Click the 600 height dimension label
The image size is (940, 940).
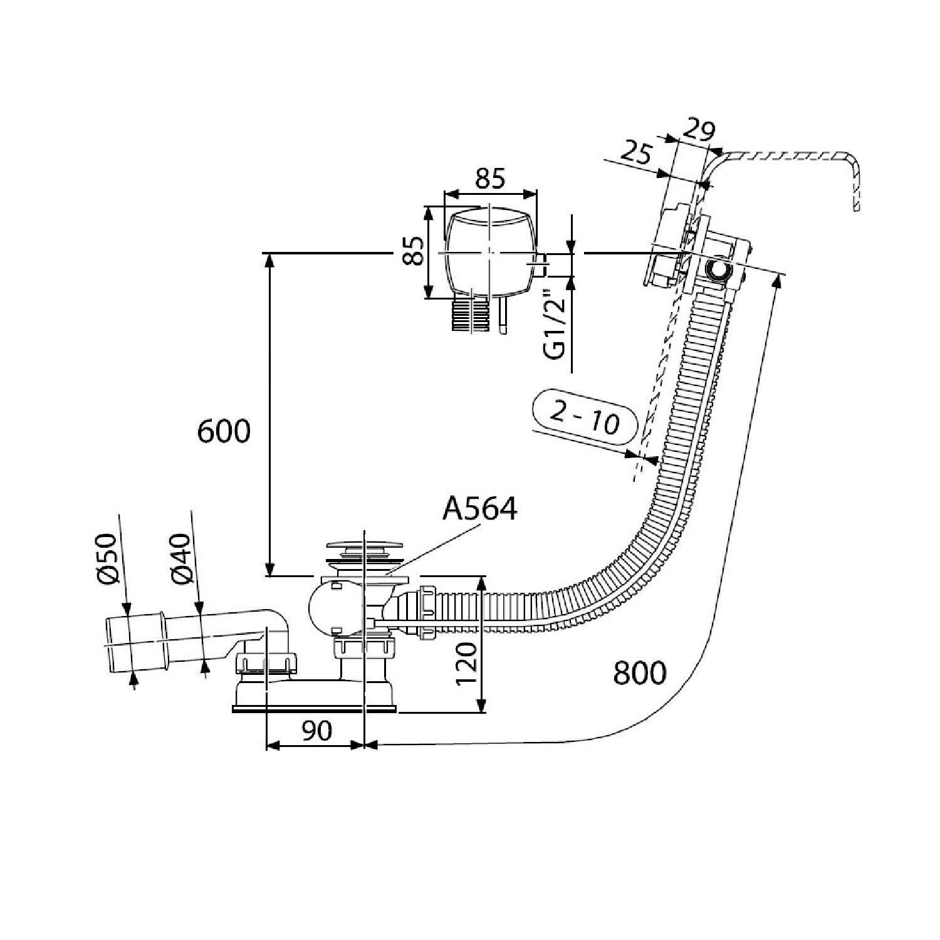coord(224,432)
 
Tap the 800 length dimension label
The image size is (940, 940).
coord(640,674)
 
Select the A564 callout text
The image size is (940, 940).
coord(480,508)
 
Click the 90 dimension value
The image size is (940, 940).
coord(316,730)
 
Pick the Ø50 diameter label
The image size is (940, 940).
coord(108,558)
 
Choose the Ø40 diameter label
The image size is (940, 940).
coord(180,558)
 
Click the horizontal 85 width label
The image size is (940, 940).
coord(489,179)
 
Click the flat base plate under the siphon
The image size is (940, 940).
coord(314,709)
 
